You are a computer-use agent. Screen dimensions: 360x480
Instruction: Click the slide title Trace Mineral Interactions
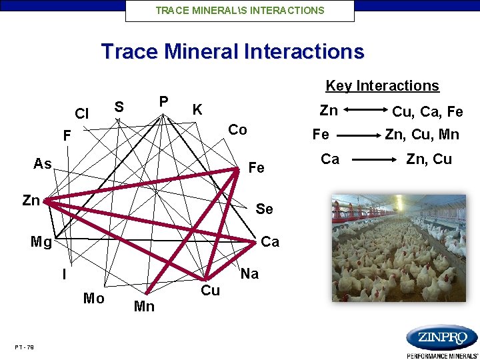pos(233,51)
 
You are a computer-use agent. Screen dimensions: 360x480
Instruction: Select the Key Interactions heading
pos(382,86)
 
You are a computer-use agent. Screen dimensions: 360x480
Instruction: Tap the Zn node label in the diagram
pos(31,200)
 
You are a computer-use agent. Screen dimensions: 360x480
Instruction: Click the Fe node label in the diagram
pos(256,168)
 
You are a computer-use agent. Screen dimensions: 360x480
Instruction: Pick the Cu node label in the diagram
pos(210,291)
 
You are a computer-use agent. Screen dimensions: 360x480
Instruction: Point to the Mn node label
pos(144,307)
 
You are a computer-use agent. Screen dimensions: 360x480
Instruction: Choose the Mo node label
pos(93,299)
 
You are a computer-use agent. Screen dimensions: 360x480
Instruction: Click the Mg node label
pos(41,241)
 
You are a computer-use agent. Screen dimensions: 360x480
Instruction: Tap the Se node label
pos(264,209)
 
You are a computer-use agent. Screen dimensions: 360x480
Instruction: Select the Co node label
pos(237,130)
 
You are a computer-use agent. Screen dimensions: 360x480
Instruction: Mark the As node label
pos(43,164)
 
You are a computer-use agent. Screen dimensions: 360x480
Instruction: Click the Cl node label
pos(82,114)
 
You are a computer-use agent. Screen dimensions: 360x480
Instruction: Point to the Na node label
pos(249,274)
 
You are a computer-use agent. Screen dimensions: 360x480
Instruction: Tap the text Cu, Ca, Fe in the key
pos(427,112)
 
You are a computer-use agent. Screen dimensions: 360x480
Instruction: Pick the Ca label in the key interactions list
pos(330,159)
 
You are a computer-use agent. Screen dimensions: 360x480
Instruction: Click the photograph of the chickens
pos(400,248)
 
